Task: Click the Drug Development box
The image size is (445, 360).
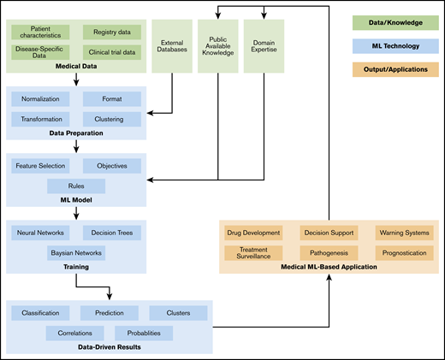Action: tap(252, 233)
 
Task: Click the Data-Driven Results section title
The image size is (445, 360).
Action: tap(109, 347)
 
